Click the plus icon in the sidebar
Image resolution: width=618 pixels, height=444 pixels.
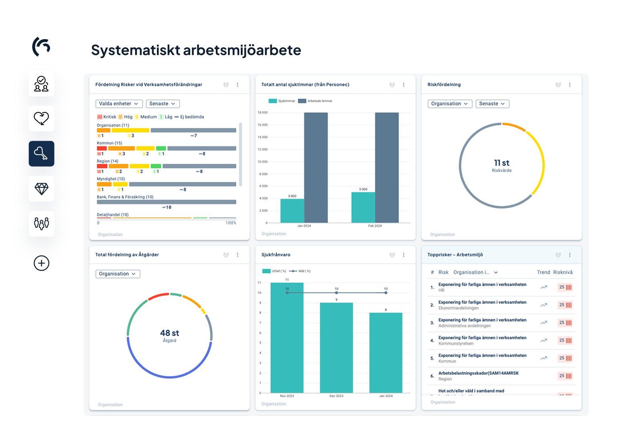[41, 263]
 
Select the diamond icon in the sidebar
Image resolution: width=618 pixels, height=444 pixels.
[41, 189]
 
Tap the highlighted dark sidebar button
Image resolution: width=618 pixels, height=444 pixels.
[41, 154]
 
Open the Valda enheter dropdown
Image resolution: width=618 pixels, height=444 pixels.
[119, 104]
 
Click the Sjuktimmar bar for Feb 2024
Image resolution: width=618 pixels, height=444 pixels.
[363, 207]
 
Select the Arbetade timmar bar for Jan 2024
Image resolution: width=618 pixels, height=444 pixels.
[316, 168]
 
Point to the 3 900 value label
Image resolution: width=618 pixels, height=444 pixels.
[292, 196]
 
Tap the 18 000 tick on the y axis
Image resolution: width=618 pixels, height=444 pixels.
[262, 113]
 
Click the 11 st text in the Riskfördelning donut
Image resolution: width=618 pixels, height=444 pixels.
[502, 163]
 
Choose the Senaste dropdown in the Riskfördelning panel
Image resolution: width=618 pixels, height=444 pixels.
[492, 104]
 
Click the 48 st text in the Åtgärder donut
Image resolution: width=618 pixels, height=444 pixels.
[169, 333]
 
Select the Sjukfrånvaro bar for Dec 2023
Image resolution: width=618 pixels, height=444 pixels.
[336, 347]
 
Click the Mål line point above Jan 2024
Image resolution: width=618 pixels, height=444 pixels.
[386, 293]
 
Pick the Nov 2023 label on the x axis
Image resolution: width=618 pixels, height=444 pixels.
[287, 396]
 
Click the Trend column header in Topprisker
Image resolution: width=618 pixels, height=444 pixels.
[543, 272]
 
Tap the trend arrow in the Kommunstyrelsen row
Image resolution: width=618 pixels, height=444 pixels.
[544, 341]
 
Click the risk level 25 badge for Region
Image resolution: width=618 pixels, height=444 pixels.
[565, 376]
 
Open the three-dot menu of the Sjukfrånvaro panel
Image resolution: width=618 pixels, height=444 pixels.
[404, 255]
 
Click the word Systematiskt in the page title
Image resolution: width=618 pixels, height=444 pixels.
[135, 50]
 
